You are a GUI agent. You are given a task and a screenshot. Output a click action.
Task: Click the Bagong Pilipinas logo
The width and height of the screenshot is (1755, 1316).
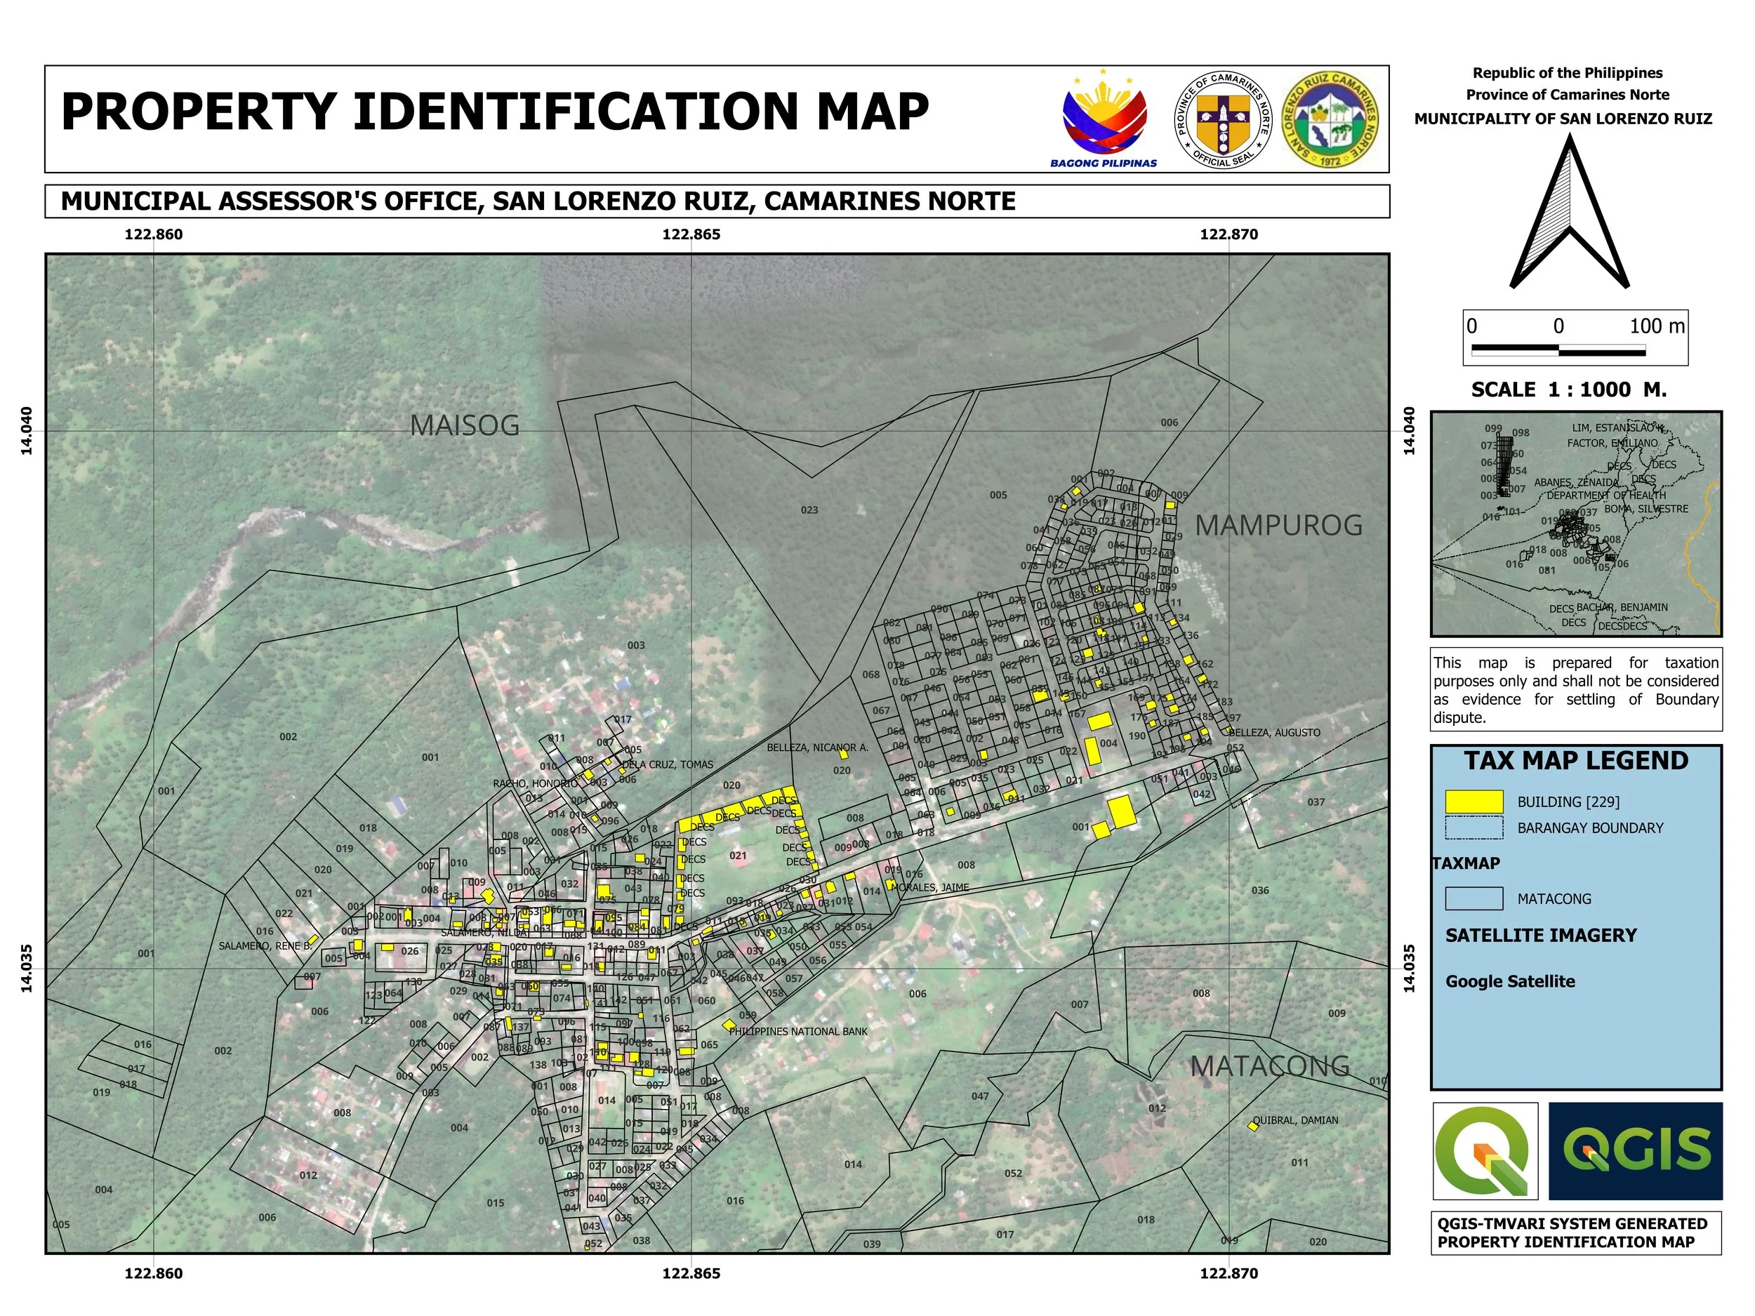point(1104,119)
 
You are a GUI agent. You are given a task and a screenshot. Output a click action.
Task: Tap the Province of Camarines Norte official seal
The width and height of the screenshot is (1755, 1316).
point(1223,119)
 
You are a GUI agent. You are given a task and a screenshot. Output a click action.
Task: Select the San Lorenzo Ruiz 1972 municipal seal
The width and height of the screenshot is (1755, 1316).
point(1330,119)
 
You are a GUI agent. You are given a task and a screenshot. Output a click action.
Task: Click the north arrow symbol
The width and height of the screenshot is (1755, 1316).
point(1568,213)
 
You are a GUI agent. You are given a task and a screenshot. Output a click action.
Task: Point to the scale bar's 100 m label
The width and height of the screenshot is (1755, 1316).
point(1657,326)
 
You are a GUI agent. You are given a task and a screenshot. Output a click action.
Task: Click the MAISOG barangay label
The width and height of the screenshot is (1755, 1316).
point(464,426)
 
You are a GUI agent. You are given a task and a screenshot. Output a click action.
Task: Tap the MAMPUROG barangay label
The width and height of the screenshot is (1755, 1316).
point(1278,525)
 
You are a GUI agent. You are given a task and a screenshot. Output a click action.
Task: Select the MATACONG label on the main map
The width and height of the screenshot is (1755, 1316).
point(1269,1066)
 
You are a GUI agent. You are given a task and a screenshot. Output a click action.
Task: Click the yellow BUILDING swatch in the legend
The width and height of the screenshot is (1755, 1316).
point(1474,802)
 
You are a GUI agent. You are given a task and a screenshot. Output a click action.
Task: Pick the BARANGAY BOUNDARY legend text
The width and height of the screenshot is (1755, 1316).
point(1590,828)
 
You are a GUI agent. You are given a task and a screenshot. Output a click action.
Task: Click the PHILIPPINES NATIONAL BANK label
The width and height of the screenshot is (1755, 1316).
point(798,1031)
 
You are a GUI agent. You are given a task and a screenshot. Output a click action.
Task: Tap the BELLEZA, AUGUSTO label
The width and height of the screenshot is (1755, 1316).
point(1275,732)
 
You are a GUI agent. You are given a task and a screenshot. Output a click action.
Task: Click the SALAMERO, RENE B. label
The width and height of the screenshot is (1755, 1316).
point(265,945)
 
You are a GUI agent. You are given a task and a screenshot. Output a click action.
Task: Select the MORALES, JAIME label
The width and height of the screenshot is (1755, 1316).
point(934,887)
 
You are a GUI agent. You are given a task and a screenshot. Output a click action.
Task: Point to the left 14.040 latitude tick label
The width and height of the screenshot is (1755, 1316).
point(27,431)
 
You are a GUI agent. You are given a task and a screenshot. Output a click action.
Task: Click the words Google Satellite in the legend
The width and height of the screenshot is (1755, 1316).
point(1510,981)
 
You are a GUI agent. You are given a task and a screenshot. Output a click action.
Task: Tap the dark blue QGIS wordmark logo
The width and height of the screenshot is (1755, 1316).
point(1635,1150)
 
